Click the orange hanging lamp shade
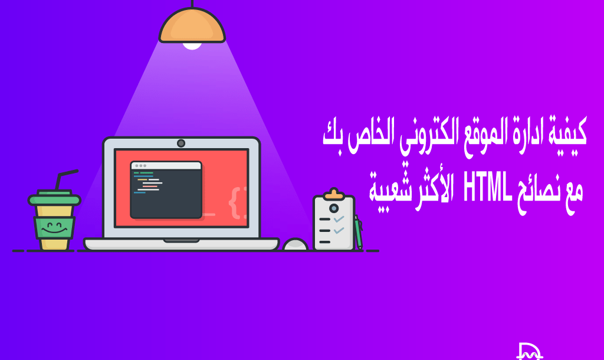192,27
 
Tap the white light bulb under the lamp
192,45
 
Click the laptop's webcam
181,143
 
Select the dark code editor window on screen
166,189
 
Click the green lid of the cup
54,198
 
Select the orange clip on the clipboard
334,195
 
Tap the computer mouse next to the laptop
295,244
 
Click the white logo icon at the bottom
528,351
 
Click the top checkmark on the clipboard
339,219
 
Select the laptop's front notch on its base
181,240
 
